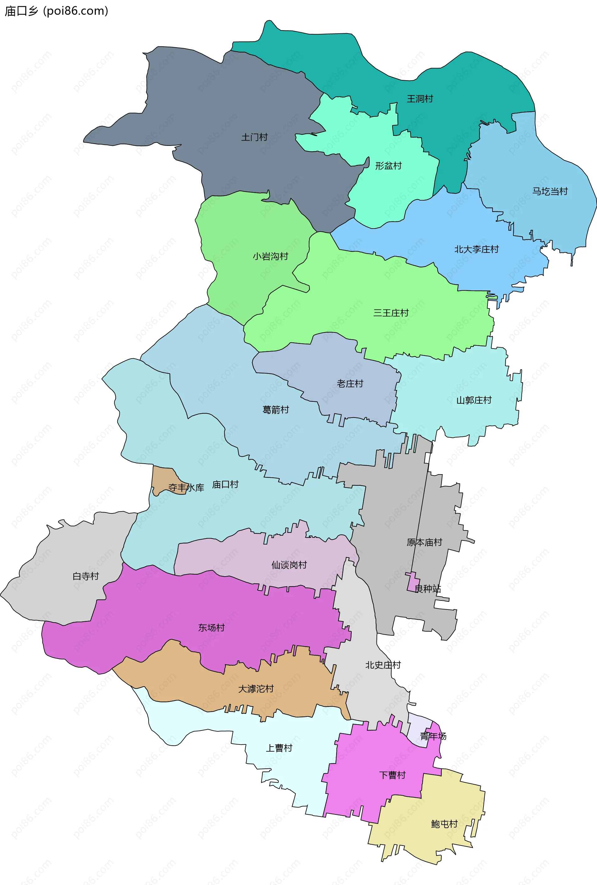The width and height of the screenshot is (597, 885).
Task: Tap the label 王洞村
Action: [420, 99]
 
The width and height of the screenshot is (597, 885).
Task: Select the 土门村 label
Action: [254, 137]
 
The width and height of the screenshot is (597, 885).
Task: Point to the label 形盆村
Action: [388, 166]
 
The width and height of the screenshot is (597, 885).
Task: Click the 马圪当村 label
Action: [550, 192]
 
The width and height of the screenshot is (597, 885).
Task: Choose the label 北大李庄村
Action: [476, 249]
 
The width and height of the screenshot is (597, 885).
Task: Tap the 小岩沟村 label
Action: [270, 257]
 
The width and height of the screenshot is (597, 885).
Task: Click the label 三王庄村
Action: [391, 313]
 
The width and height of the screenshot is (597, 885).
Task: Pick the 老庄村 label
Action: [350, 384]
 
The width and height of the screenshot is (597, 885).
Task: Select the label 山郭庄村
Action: [474, 400]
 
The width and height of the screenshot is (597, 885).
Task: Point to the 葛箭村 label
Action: [276, 410]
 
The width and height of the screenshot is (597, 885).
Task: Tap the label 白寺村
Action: [86, 577]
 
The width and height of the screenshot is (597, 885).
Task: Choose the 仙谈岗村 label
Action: [289, 565]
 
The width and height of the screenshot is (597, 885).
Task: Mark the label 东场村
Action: [211, 628]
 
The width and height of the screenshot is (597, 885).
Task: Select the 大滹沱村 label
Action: [256, 689]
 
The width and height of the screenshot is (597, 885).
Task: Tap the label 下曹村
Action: [392, 775]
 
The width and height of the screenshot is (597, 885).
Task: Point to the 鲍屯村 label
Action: [444, 824]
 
